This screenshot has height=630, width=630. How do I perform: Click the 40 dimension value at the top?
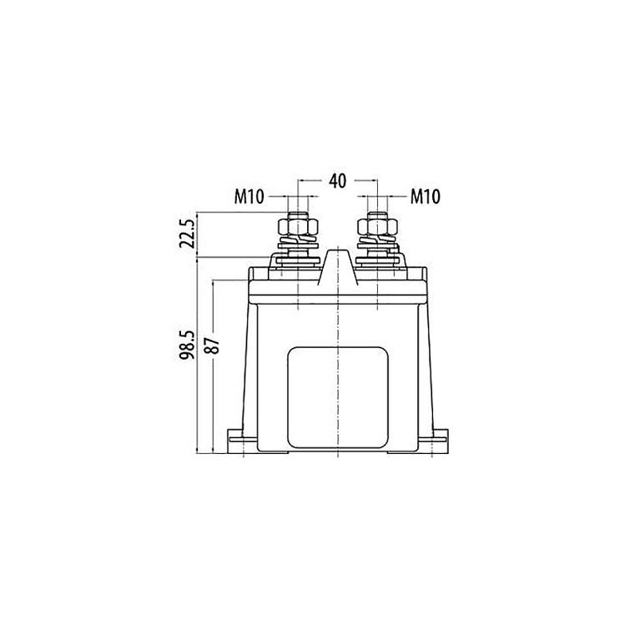tap(337, 180)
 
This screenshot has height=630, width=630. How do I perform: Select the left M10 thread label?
tap(249, 197)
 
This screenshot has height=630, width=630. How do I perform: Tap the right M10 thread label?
tap(425, 197)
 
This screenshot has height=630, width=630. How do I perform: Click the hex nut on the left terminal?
tap(298, 227)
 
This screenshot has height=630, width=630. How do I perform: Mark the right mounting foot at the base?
tap(437, 439)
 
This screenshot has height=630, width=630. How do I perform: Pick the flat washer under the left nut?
tap(298, 259)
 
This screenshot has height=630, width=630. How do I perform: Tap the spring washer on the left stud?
tap(298, 245)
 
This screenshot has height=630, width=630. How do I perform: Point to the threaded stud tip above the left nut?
tap(298, 216)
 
